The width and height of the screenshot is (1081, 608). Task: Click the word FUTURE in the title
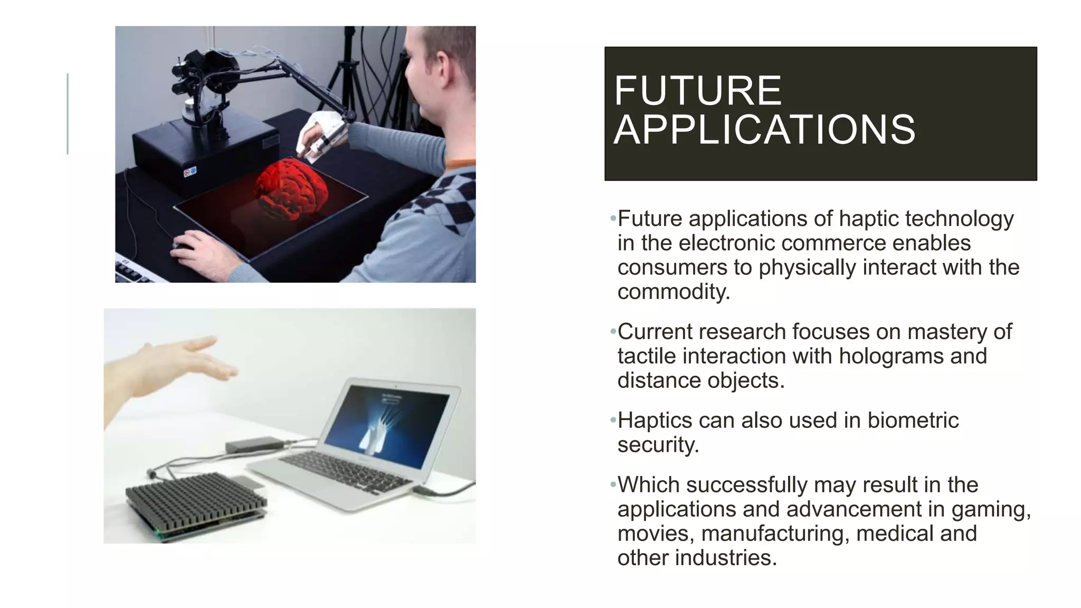pos(697,91)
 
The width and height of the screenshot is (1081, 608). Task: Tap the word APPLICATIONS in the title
pos(764,130)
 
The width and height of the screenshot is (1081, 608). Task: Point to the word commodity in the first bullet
pos(673,292)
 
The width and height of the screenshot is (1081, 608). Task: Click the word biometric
pos(913,421)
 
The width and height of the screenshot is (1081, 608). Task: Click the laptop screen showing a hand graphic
pos(387,426)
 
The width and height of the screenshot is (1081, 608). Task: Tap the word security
pos(658,445)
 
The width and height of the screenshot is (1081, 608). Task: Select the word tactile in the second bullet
pos(647,356)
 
